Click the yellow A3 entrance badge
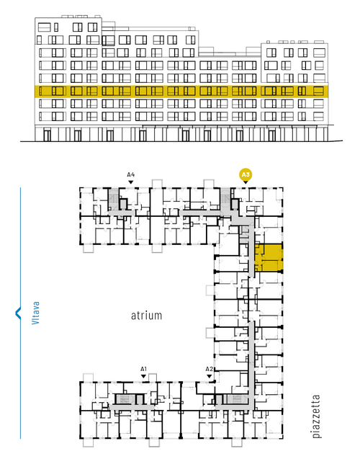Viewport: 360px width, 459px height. click(x=246, y=175)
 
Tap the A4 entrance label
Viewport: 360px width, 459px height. click(x=131, y=175)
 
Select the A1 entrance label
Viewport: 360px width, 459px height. click(x=143, y=369)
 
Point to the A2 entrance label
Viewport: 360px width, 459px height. click(x=209, y=369)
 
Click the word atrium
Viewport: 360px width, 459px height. click(x=146, y=316)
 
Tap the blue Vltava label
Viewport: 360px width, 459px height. click(x=35, y=313)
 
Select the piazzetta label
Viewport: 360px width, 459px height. click(x=316, y=416)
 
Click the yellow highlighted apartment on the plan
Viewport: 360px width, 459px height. click(x=269, y=258)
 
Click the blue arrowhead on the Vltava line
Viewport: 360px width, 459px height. click(x=18, y=313)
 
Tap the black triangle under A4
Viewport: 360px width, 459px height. click(x=131, y=182)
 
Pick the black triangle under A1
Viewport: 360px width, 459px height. click(x=143, y=376)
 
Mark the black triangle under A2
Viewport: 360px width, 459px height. click(x=209, y=376)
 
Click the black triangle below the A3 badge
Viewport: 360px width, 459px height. click(x=246, y=182)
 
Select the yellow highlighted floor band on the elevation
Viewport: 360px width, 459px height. click(x=181, y=92)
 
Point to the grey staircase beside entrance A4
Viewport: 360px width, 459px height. click(x=114, y=199)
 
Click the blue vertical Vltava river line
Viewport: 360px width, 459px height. click(x=20, y=313)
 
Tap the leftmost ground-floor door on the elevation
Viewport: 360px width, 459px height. click(x=47, y=135)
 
